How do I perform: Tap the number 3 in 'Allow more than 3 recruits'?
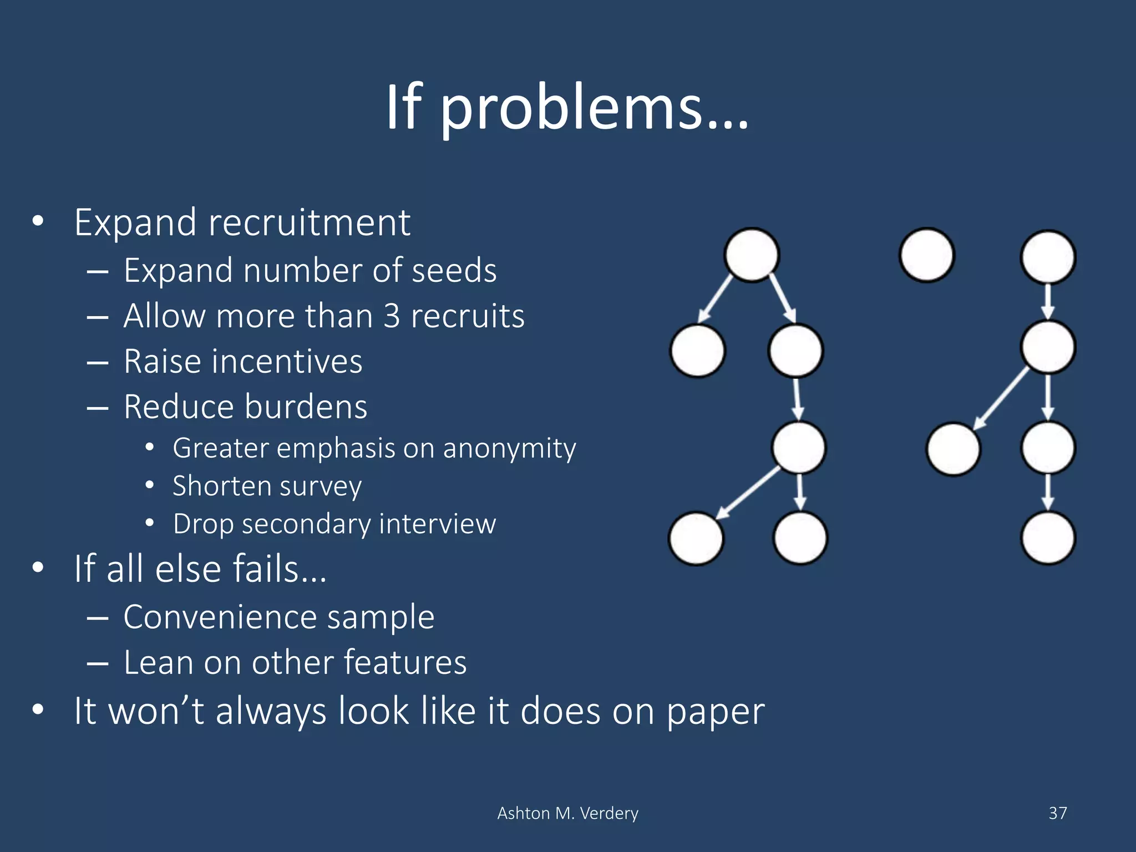coord(392,316)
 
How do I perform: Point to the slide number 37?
coord(1058,813)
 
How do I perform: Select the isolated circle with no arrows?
coord(926,255)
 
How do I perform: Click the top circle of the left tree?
coord(752,255)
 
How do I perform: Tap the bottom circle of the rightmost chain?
coord(1048,538)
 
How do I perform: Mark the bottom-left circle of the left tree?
coord(696,538)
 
